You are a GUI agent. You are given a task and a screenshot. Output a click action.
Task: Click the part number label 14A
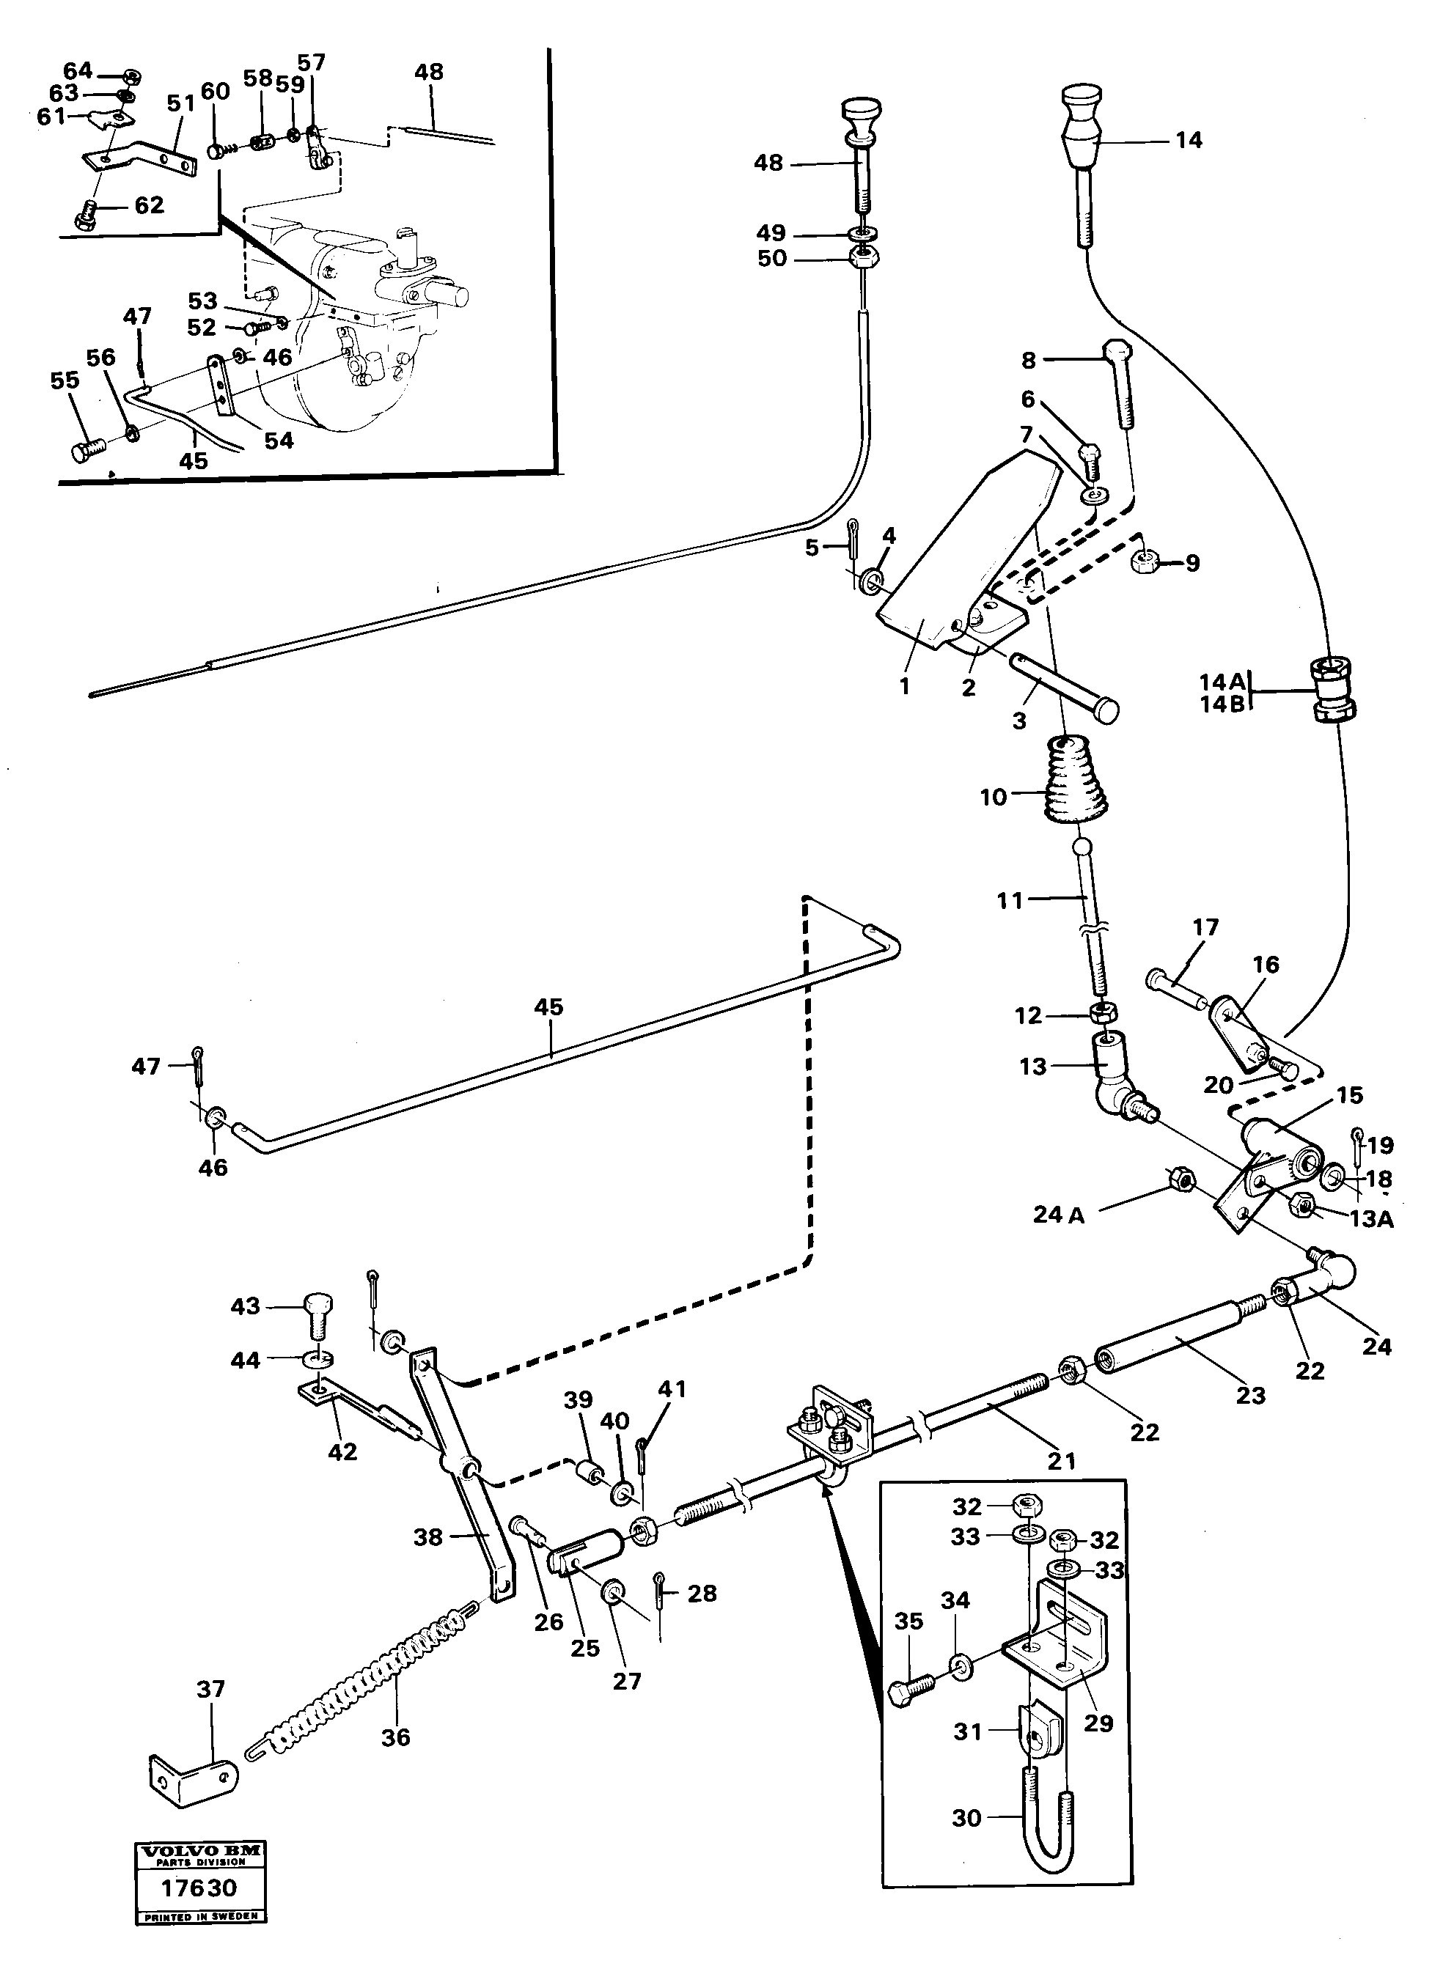click(x=1222, y=681)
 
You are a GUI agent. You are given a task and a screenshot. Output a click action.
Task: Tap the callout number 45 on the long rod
click(x=548, y=1006)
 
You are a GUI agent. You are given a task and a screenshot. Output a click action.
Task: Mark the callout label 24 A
click(x=1059, y=1216)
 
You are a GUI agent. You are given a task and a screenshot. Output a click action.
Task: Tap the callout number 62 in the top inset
click(x=149, y=205)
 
